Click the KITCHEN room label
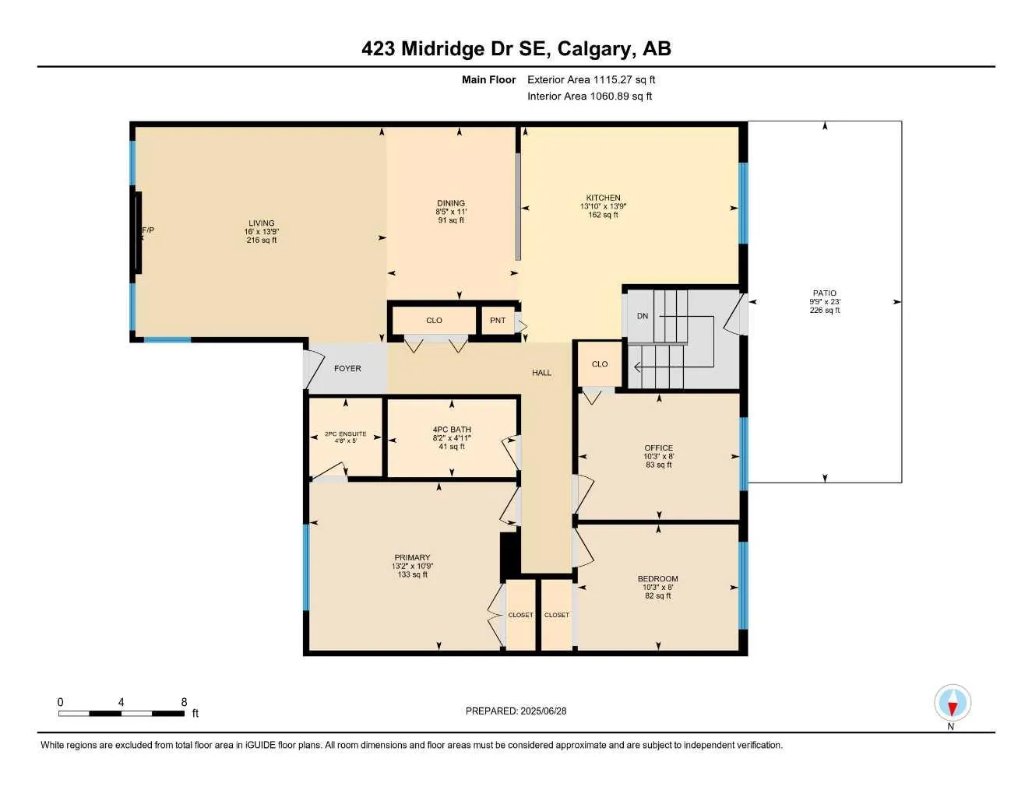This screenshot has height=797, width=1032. [x=604, y=198]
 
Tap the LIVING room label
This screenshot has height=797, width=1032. [x=262, y=223]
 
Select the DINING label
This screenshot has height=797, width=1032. [x=451, y=203]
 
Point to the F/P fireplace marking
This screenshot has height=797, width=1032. [x=147, y=230]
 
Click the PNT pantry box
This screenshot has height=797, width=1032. [x=498, y=321]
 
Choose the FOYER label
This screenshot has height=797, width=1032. [x=347, y=369]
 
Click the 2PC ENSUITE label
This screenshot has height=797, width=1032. [x=346, y=434]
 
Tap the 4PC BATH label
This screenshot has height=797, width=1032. [x=452, y=430]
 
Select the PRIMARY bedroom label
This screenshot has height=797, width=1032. [x=412, y=557]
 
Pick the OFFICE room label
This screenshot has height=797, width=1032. [x=659, y=448]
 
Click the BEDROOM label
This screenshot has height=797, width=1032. [x=658, y=579]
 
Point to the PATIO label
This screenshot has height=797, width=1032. [x=825, y=293]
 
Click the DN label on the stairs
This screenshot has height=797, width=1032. [x=643, y=316]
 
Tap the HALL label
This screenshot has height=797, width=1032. [x=542, y=373]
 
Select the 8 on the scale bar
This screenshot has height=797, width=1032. [x=184, y=702]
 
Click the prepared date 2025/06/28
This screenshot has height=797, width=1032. [x=544, y=711]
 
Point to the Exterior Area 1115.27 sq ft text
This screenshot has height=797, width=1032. [x=591, y=79]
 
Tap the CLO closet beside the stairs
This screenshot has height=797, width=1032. [x=600, y=364]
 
